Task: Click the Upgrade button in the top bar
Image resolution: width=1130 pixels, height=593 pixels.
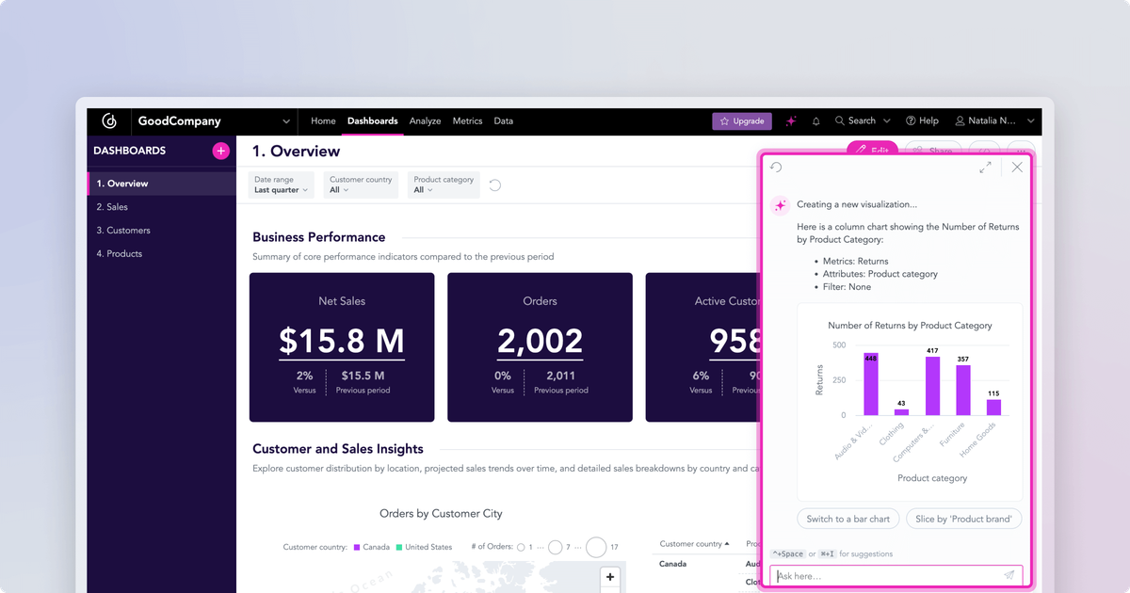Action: pos(742,121)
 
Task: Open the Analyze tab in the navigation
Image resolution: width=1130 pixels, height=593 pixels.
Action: pos(425,121)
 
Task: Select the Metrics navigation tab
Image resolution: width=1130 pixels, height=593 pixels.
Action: pos(467,121)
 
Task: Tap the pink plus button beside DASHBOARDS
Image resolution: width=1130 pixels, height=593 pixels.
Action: pos(220,151)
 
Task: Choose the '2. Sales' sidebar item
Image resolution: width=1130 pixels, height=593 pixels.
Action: pos(112,207)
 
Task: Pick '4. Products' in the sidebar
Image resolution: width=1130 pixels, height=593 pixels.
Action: pos(120,254)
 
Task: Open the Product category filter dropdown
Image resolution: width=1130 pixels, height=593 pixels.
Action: pos(444,184)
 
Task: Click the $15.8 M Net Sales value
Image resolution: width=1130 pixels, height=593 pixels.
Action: pos(342,341)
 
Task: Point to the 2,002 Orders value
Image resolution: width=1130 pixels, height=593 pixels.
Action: pos(540,341)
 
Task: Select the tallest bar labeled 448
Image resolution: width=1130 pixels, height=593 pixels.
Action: pos(871,384)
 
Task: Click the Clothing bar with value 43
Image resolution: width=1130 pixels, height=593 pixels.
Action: pos(901,411)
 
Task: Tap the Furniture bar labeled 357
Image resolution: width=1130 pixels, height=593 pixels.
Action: pos(962,390)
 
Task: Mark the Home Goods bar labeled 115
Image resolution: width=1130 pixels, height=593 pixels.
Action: pos(993,407)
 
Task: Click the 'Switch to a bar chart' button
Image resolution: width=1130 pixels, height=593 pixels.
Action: pos(847,519)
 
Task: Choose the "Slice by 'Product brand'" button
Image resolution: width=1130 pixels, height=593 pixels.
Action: pos(963,519)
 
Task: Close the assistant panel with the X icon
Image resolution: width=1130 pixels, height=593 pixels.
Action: pos(1017,168)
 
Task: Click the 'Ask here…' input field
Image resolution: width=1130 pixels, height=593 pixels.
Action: pos(885,576)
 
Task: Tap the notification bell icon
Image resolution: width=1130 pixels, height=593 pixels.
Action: pos(816,121)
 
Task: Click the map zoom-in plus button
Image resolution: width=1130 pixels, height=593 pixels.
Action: pos(610,577)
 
